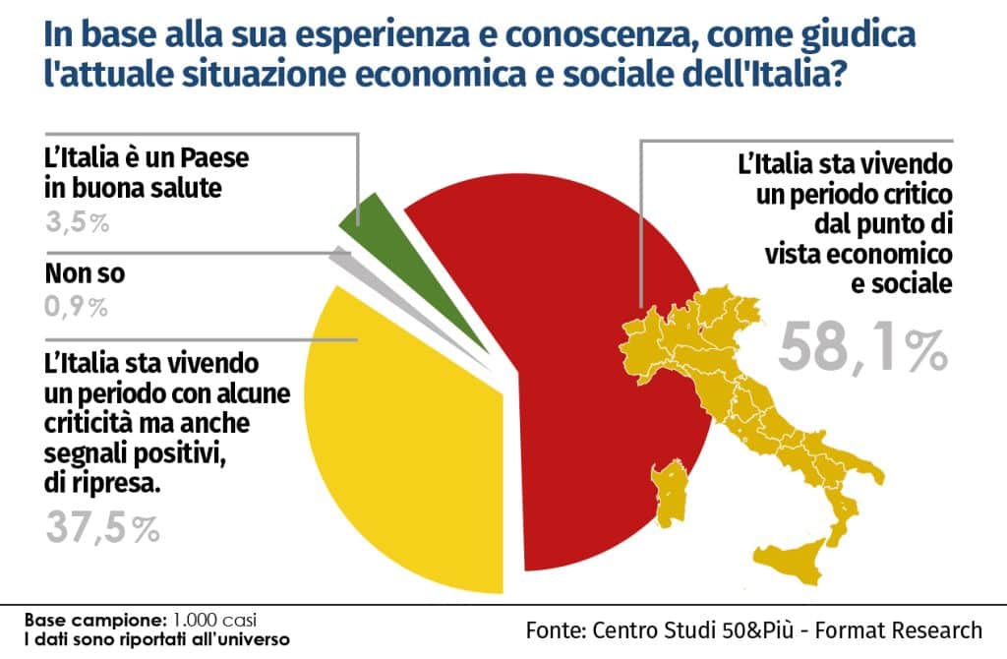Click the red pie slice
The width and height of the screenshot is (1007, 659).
570,393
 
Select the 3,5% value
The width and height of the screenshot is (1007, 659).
77,222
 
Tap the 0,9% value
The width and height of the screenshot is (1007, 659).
77,307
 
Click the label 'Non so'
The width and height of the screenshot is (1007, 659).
85,274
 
